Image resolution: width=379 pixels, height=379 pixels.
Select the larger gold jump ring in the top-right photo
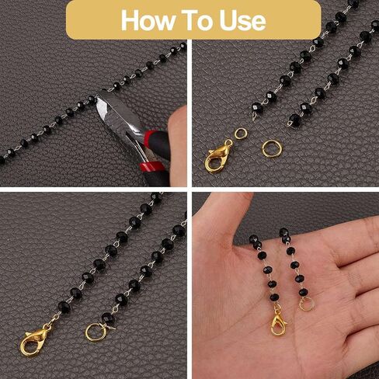click(x=272, y=148)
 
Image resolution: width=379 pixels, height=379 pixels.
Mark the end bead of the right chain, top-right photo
click(x=294, y=120)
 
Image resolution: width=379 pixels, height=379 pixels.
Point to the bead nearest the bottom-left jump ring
click(x=107, y=317)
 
